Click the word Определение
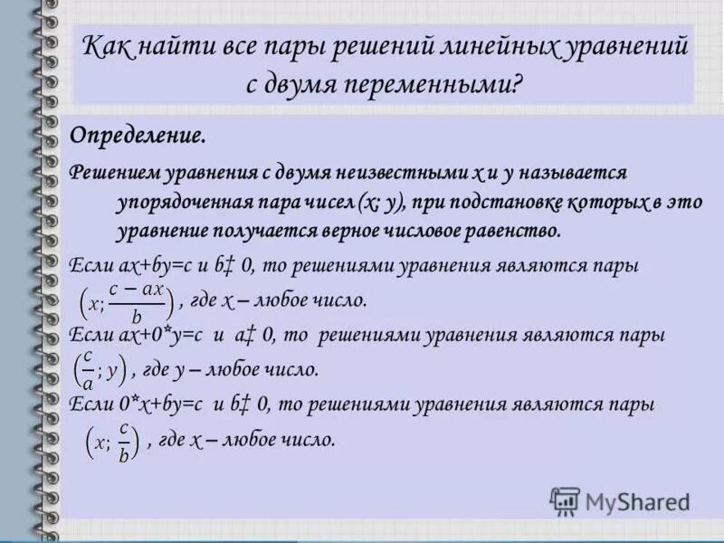pyautogui.click(x=138, y=136)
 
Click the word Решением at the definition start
pyautogui.click(x=113, y=172)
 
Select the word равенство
pyautogui.click(x=514, y=230)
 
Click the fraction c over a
pyautogui.click(x=88, y=368)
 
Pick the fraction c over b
pyautogui.click(x=123, y=442)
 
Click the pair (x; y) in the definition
pyautogui.click(x=379, y=201)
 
